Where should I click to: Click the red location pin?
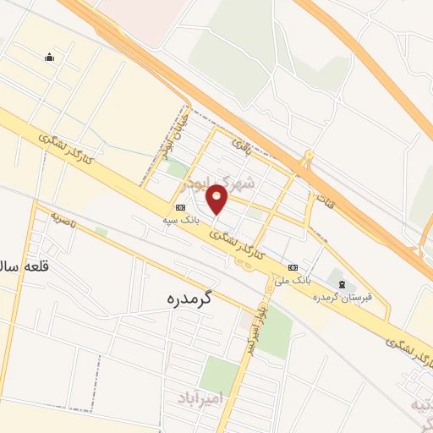tap(217, 200)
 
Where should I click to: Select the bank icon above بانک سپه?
tap(180, 207)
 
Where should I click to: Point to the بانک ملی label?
tap(296, 277)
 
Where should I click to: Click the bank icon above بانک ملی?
tap(293, 266)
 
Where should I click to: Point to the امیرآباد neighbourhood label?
tap(200, 397)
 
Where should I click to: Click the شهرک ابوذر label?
tap(245, 183)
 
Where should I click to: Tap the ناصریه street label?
tap(62, 221)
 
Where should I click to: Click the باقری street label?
tap(244, 151)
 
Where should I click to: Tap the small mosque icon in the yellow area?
tap(49, 58)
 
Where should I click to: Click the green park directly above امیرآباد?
tap(219, 373)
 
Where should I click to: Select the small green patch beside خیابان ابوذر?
tap(177, 168)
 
